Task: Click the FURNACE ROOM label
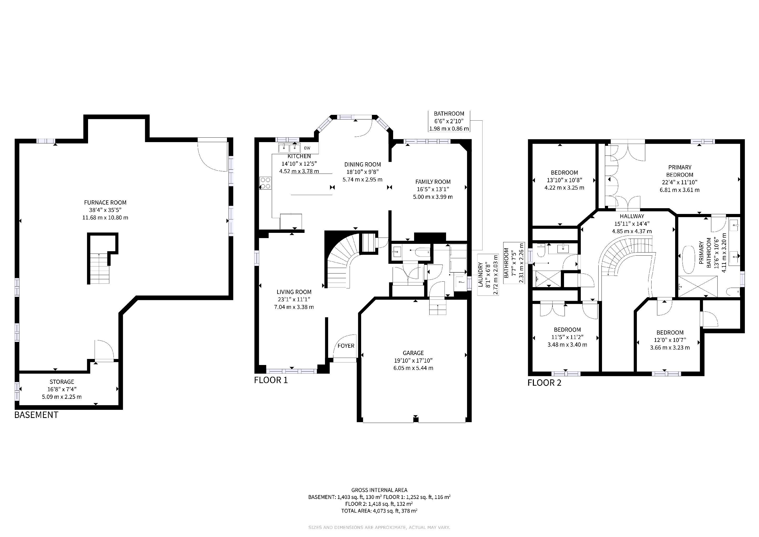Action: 105,202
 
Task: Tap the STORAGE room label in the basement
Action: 62,382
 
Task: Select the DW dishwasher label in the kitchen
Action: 307,148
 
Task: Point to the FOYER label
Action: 346,346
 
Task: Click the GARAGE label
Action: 413,353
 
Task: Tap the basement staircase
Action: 99,268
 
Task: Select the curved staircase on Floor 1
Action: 344,261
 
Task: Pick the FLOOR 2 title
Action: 544,383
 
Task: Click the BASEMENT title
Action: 36,415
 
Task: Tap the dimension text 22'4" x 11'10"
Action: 680,182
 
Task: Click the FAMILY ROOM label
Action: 433,181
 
